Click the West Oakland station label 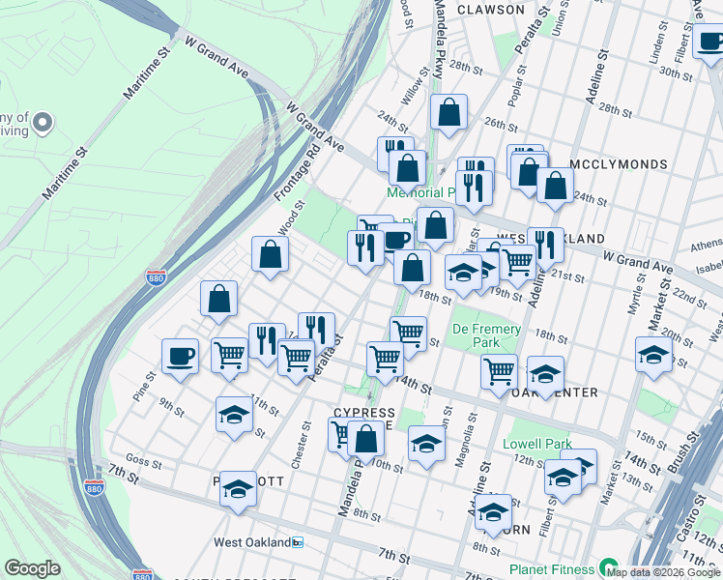[251, 542]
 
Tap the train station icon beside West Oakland [298, 542]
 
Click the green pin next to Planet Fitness [608, 566]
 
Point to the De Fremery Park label [486, 336]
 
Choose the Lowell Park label [537, 445]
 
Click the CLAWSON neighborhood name [490, 10]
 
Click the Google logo [32, 568]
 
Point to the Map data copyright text [664, 572]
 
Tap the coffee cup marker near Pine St [181, 356]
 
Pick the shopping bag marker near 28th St [449, 112]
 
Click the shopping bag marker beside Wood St [271, 254]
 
